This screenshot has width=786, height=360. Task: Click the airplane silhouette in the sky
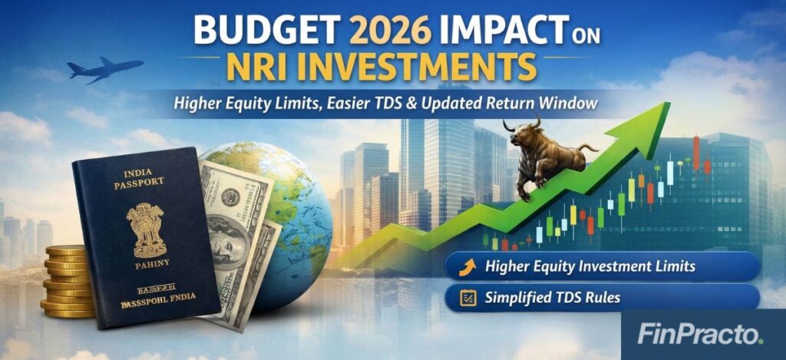pos(103,69)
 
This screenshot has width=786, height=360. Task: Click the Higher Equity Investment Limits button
pos(602,267)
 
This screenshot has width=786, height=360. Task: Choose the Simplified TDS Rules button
pos(602,296)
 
